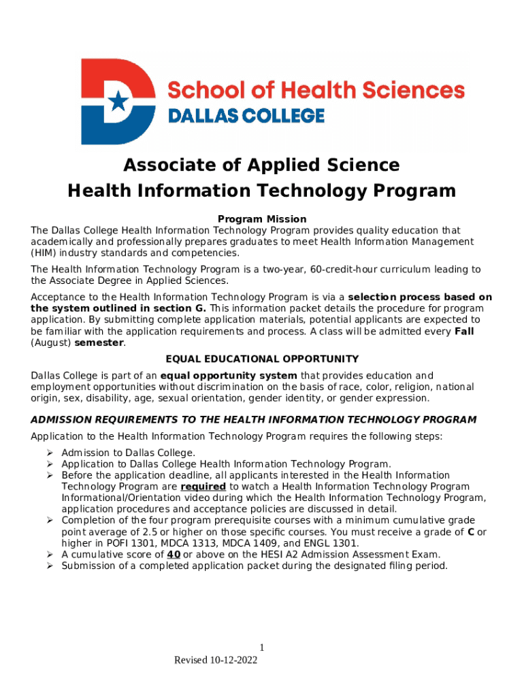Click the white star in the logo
tap(118, 101)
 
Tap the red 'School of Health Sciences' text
tap(316, 90)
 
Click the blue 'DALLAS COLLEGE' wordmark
tap(246, 116)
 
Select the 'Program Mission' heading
tap(262, 219)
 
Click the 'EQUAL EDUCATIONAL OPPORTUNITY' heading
tap(262, 359)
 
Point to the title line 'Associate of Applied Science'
tap(261, 165)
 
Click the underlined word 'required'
tap(203, 487)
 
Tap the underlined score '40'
tap(174, 554)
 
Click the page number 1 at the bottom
tap(261, 648)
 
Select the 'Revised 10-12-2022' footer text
tap(216, 660)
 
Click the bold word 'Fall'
tap(464, 331)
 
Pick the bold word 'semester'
tap(99, 342)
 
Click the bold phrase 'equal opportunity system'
tap(229, 376)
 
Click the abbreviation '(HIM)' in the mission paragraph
tap(44, 253)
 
